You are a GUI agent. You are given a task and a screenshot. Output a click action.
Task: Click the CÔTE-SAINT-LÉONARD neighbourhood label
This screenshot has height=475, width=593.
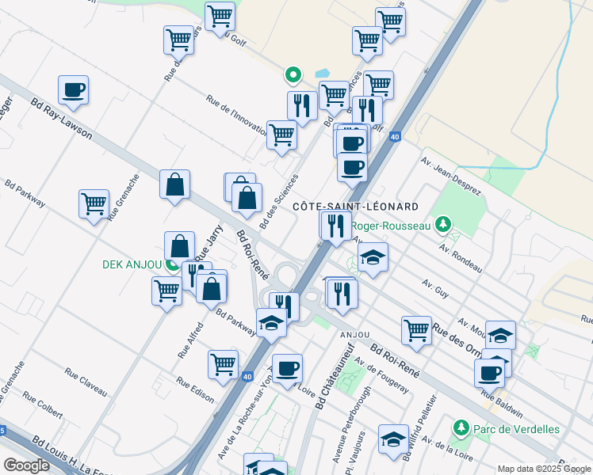[x=355, y=207]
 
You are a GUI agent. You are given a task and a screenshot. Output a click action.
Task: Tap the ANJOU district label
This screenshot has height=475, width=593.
[x=355, y=335]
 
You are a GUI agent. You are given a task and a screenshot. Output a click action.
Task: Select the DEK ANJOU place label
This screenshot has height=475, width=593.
[x=132, y=264]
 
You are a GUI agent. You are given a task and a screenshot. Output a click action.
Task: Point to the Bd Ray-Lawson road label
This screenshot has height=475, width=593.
[x=61, y=118]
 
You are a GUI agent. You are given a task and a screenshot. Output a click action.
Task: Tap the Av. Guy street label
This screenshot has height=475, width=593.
[x=436, y=286]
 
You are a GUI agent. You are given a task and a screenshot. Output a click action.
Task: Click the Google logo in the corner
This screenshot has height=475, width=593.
[x=26, y=465]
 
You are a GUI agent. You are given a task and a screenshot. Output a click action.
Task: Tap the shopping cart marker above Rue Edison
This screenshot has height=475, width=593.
[x=223, y=364]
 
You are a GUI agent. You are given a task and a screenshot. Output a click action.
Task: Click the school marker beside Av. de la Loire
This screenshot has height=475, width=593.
[x=393, y=439]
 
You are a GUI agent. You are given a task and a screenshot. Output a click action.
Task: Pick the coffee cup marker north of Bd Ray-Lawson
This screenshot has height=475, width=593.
[x=73, y=90]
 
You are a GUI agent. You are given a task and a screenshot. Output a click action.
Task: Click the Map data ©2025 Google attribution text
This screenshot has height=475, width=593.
[x=543, y=468]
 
